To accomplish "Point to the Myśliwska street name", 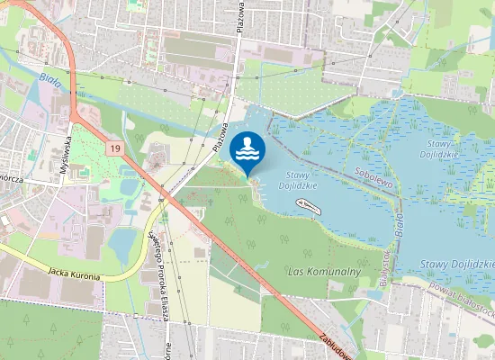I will click(66, 158).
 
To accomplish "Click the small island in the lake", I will click(308, 206).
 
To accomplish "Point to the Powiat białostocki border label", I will click(464, 302).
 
